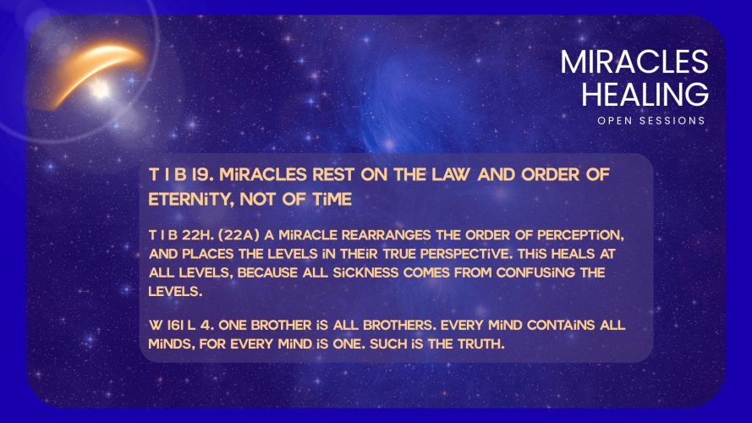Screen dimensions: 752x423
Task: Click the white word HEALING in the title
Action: [645, 94]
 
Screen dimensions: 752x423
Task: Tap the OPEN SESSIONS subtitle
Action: [650, 121]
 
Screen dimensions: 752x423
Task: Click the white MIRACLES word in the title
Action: [634, 62]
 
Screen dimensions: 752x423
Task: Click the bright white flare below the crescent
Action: [100, 89]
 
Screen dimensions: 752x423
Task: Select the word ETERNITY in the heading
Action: [190, 200]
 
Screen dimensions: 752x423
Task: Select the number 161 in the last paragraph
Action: [174, 325]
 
